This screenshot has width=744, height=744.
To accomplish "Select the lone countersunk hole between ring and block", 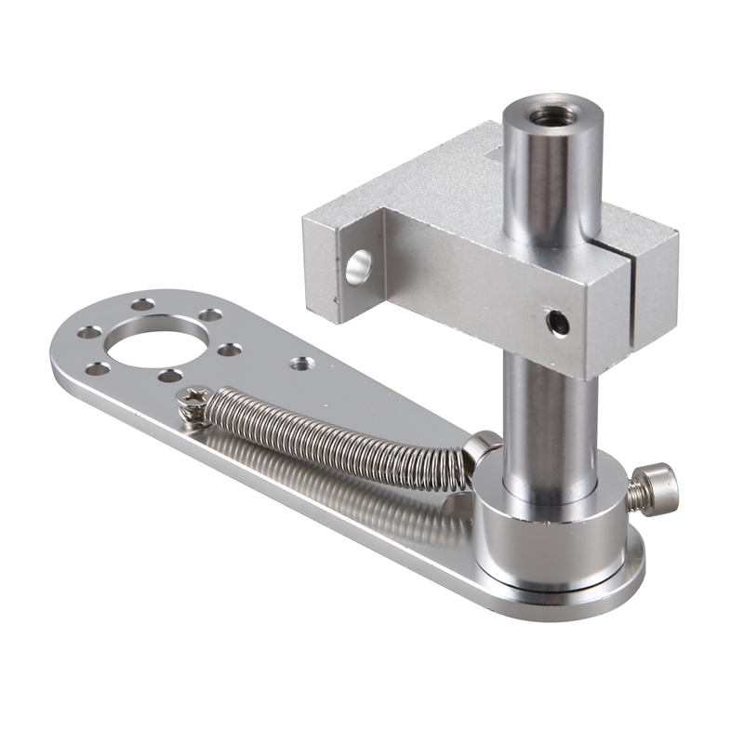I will (x=299, y=364).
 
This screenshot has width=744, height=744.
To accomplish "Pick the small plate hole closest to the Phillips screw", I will (x=169, y=376).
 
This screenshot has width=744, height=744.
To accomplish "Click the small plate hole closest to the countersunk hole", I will (x=229, y=350).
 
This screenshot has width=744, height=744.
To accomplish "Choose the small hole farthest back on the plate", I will (x=142, y=304).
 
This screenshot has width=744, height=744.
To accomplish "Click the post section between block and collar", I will (x=549, y=418).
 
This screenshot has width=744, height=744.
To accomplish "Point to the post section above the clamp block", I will (x=553, y=177).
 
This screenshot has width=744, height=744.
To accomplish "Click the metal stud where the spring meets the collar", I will (x=481, y=447).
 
